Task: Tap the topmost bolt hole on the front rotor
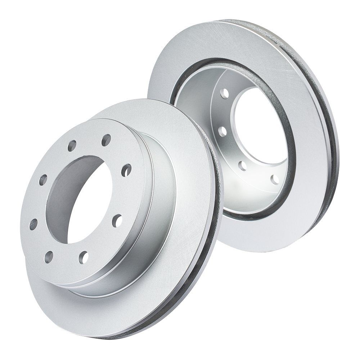click(106, 140)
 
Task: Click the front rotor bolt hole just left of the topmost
click(72, 146)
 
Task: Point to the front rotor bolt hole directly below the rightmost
click(117, 220)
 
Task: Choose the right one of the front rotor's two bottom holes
click(84, 257)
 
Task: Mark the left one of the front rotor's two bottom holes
click(49, 257)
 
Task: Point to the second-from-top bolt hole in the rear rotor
click(222, 130)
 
